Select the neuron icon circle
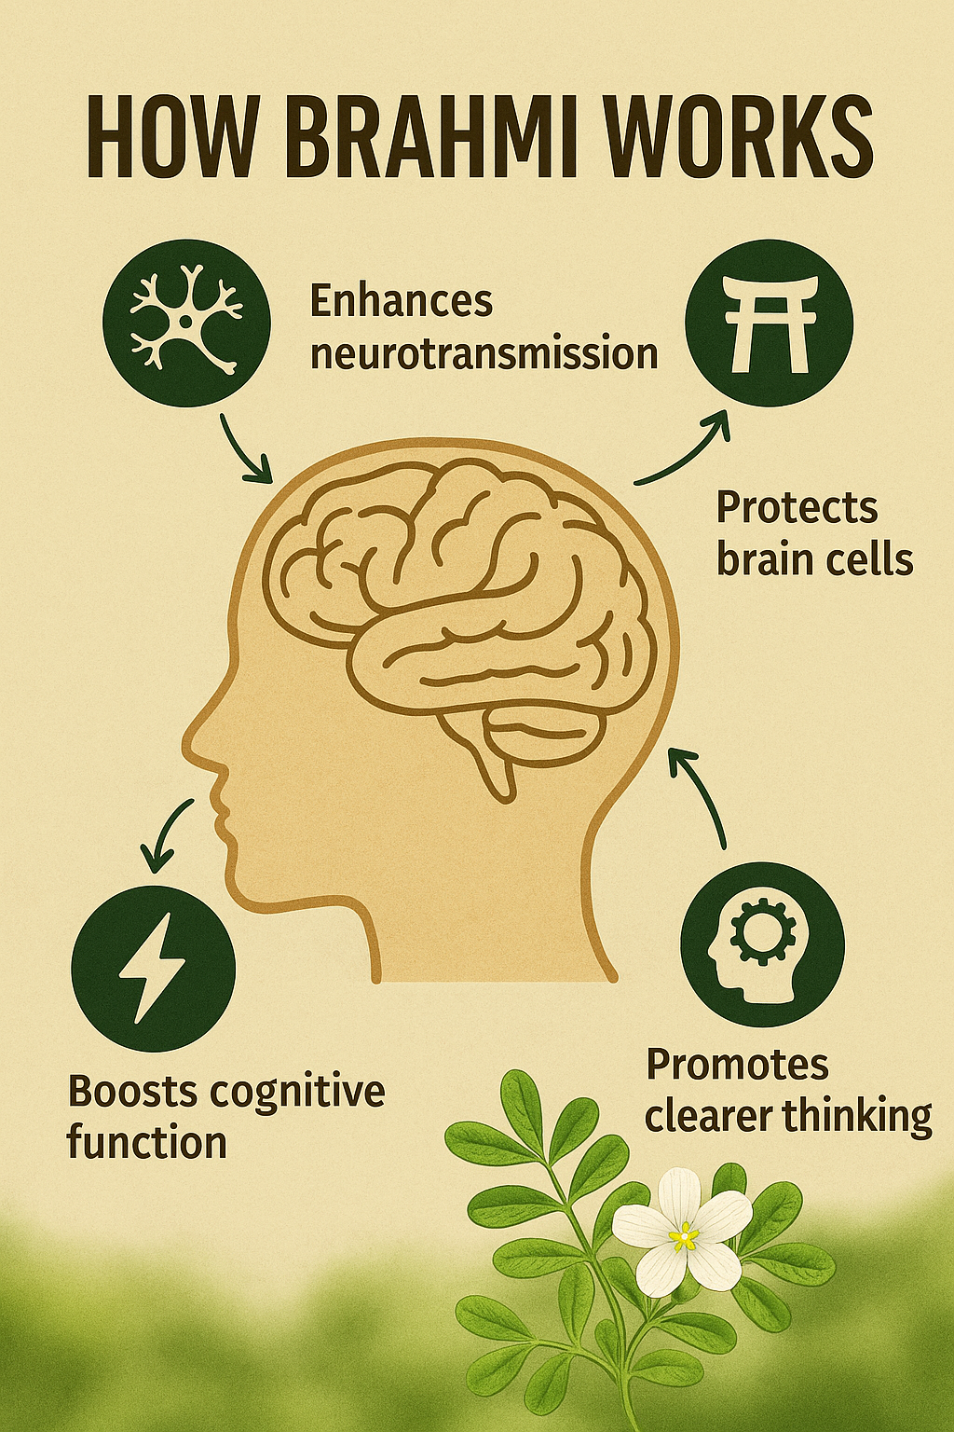tap(186, 323)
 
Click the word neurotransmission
tap(484, 353)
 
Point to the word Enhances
tap(402, 300)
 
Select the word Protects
tap(797, 507)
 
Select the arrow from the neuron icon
tap(243, 450)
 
